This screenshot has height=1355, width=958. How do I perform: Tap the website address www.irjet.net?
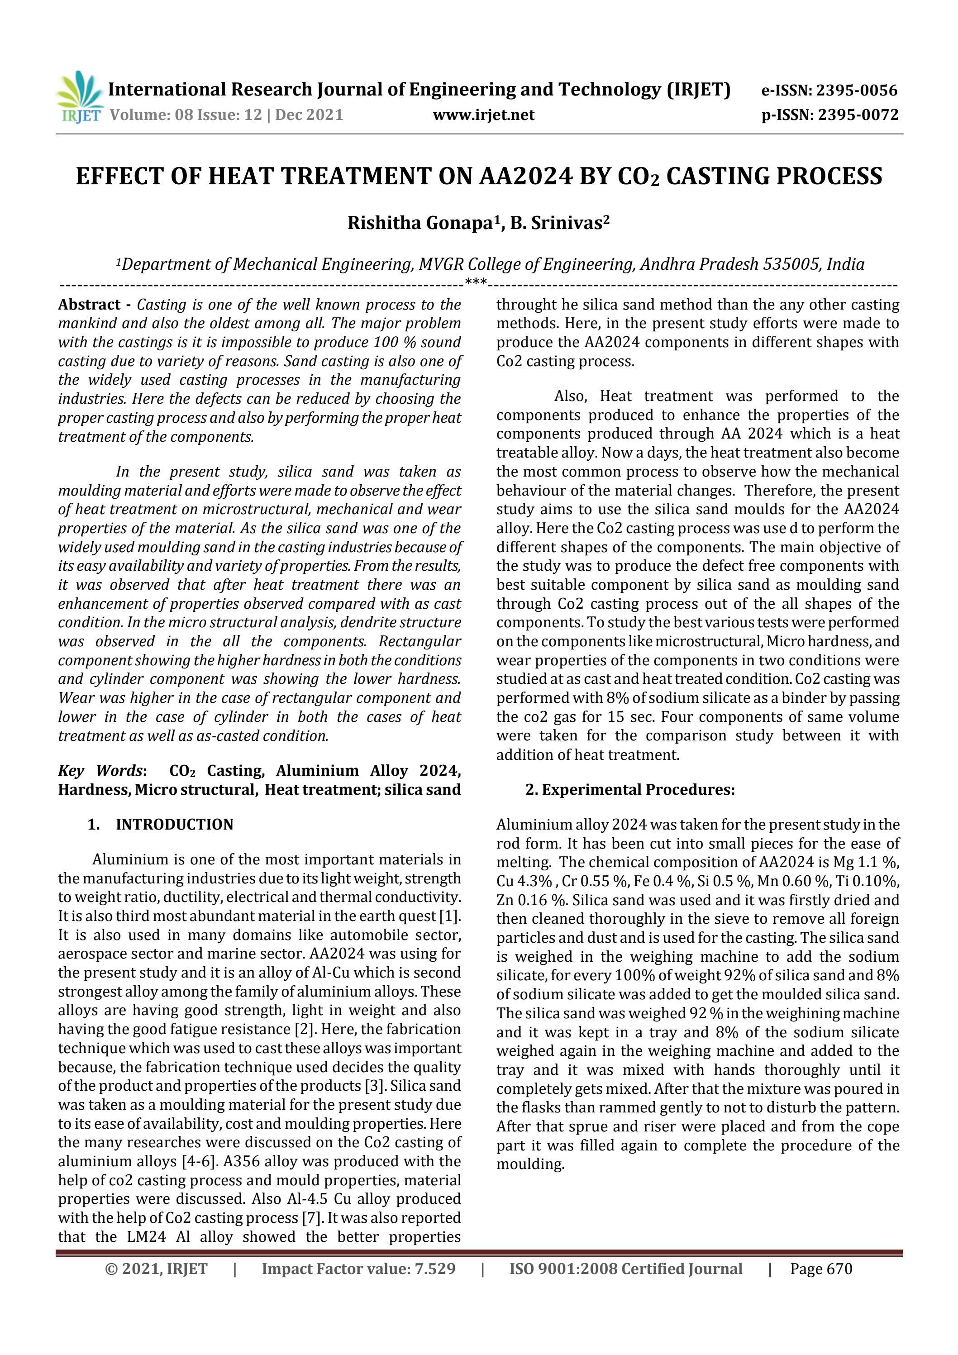point(483,115)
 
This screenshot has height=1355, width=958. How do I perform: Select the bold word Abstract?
point(89,305)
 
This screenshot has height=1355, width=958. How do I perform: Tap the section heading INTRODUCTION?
point(174,825)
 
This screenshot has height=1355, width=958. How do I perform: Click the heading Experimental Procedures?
point(638,790)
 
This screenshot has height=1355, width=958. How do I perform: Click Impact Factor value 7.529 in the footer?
point(358,1268)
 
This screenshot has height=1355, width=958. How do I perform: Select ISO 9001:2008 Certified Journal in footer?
point(626,1268)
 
